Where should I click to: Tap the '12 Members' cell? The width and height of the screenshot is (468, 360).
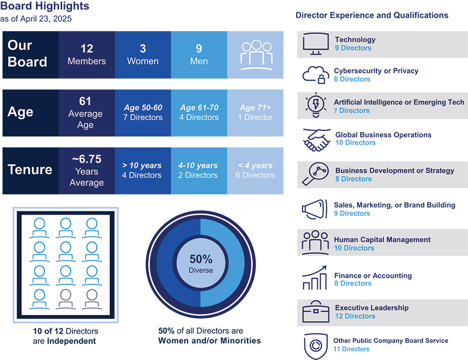(x=87, y=55)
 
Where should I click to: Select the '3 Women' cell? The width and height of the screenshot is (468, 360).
(x=143, y=55)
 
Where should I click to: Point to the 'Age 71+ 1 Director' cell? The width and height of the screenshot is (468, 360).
(x=256, y=113)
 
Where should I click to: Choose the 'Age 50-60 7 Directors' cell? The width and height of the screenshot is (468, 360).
(x=143, y=113)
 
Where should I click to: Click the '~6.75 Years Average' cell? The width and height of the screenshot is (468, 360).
(x=87, y=170)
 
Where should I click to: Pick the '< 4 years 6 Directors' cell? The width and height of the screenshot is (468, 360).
(x=256, y=170)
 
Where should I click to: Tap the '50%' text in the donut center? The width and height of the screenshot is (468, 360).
(x=201, y=259)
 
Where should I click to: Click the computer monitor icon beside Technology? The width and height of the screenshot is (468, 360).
(x=315, y=44)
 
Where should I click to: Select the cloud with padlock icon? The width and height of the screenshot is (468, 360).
(x=315, y=75)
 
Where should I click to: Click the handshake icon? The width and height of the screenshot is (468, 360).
(x=316, y=139)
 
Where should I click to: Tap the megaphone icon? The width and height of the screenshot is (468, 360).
(x=315, y=209)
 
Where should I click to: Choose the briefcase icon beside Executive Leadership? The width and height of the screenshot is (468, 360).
(x=315, y=312)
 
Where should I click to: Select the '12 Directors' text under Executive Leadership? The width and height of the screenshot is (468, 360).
(x=355, y=316)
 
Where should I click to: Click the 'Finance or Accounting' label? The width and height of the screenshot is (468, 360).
(x=373, y=276)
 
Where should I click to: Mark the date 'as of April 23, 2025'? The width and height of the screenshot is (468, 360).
(x=36, y=19)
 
